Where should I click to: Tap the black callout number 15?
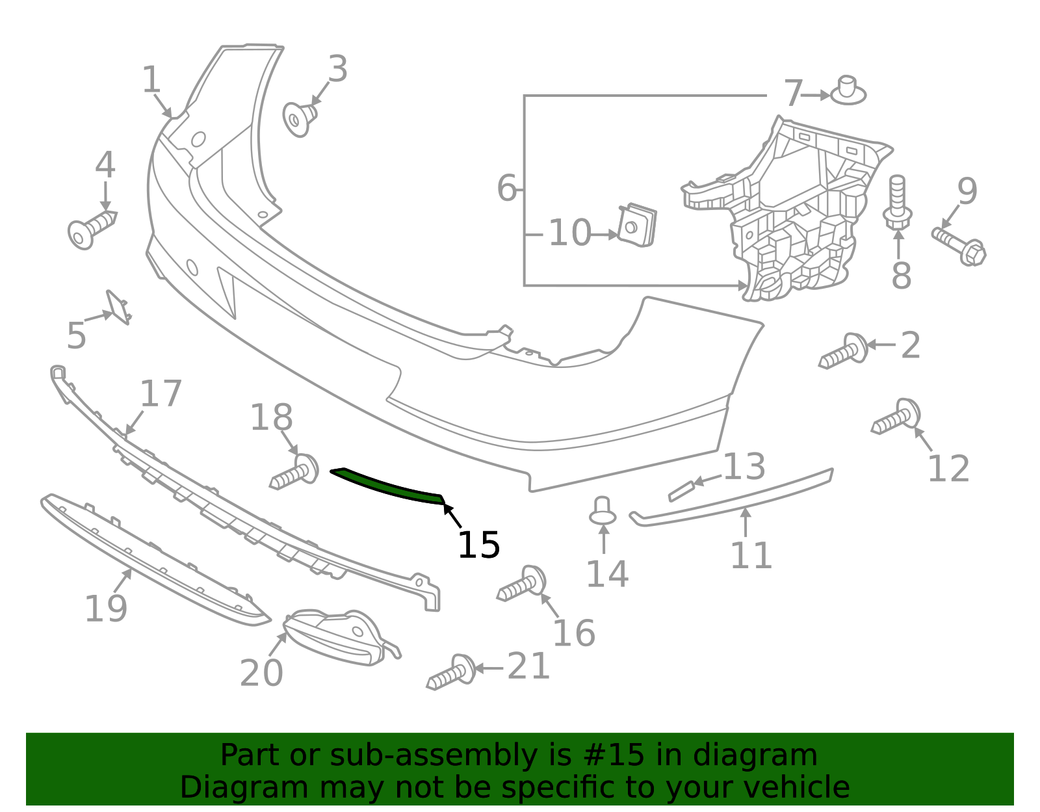click(x=478, y=545)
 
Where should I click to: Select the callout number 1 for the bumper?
click(x=151, y=79)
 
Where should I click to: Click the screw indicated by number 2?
click(x=843, y=350)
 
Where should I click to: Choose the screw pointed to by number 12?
click(x=896, y=416)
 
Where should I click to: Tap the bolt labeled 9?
click(x=959, y=247)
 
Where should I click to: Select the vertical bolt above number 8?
click(x=897, y=202)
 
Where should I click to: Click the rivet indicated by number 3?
click(x=299, y=119)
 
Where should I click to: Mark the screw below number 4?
click(x=92, y=229)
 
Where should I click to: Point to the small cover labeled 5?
click(x=118, y=308)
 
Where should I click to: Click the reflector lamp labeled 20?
click(x=342, y=637)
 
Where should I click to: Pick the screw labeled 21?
click(x=451, y=672)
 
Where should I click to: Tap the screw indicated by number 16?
click(x=521, y=583)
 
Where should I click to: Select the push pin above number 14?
click(x=603, y=510)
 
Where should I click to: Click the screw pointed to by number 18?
click(x=294, y=471)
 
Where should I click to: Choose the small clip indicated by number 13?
click(x=681, y=491)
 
